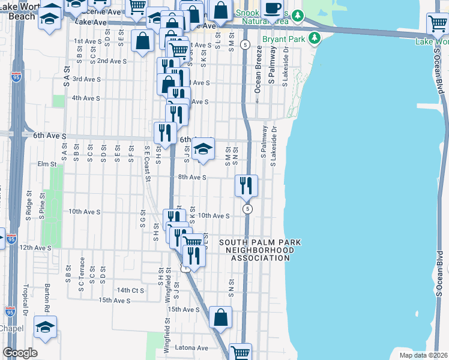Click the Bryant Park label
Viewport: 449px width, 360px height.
click(x=285, y=40)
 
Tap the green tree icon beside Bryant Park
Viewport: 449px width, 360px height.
click(x=313, y=39)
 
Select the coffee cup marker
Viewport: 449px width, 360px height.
click(x=273, y=9)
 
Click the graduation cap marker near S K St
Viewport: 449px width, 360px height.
click(x=203, y=148)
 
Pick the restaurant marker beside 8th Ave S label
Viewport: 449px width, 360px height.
click(x=246, y=185)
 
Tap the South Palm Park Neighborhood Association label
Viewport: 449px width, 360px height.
click(x=259, y=250)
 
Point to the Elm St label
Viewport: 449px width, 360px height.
click(x=46, y=164)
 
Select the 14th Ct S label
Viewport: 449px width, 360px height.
click(x=131, y=289)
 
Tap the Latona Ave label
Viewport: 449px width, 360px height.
click(x=191, y=347)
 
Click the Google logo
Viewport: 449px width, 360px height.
click(x=20, y=353)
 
